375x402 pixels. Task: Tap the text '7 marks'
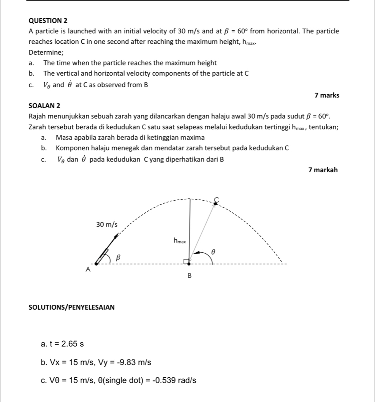point(327,95)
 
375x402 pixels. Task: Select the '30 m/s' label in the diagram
point(107,225)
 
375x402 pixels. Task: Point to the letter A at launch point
point(88,269)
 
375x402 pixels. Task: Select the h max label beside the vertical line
point(179,241)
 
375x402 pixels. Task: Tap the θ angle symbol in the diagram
point(213,251)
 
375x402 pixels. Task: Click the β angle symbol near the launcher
point(118,258)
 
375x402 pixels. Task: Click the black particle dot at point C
point(215,204)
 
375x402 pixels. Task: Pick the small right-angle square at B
point(186,261)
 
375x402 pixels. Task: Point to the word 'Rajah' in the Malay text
point(38,116)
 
